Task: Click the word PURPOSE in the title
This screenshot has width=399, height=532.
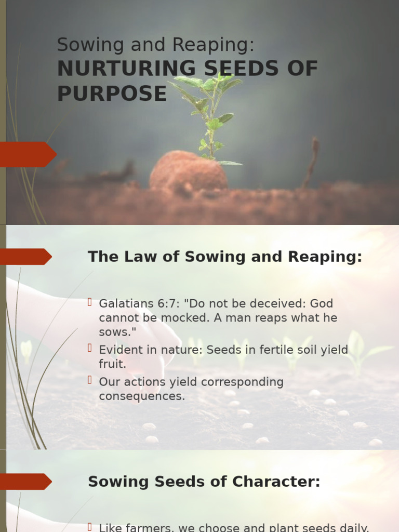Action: coord(112,94)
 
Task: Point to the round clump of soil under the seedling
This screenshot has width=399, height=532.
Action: coord(188,171)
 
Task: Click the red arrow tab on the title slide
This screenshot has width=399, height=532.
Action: coord(28,154)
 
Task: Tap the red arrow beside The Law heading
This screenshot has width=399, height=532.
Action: coord(26,257)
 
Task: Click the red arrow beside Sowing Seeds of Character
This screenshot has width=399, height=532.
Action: coord(26,482)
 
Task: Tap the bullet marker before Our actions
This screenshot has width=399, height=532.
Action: coord(90,380)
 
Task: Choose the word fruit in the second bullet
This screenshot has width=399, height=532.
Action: coord(112,364)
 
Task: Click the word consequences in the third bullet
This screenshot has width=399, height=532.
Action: coord(141,396)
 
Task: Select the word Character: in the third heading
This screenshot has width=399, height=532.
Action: coord(284,482)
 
